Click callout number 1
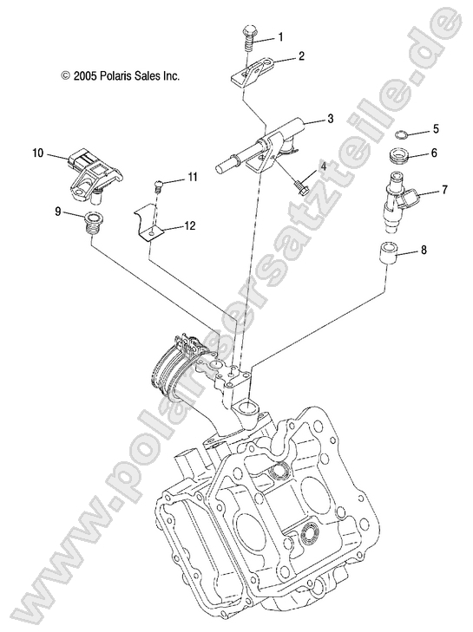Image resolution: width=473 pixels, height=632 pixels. pos(279,37)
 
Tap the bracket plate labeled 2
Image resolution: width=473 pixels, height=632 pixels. pos(253,68)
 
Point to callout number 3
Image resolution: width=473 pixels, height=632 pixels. pos(305,121)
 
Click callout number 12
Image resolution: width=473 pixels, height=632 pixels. pos(189,225)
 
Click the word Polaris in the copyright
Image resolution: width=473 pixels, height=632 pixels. pos(122,76)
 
